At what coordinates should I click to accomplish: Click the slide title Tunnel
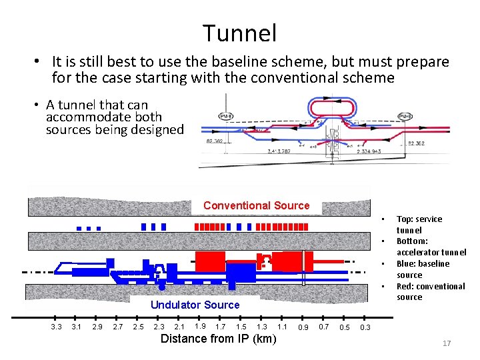[239, 32]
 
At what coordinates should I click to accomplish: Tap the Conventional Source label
[256, 205]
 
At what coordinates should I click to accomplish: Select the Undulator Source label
[195, 305]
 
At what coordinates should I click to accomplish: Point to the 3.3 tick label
[56, 327]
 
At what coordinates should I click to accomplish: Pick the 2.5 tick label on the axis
[139, 327]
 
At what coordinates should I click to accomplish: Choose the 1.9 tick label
[200, 326]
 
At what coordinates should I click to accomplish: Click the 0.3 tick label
[365, 327]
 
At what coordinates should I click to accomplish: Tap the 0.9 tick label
[303, 327]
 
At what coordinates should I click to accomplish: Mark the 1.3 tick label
[262, 327]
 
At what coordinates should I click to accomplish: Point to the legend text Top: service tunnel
[419, 224]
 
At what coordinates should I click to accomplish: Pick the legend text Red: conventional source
[430, 291]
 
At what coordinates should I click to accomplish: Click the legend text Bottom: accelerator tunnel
[431, 247]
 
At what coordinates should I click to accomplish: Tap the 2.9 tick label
[97, 327]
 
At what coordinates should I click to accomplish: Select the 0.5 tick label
[344, 327]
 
